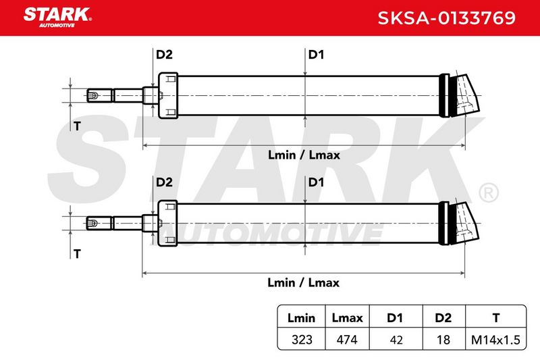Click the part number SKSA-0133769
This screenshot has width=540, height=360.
[446, 18]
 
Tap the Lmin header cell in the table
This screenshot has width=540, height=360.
[301, 317]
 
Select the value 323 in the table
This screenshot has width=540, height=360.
[302, 340]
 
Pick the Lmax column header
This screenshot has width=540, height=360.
[347, 317]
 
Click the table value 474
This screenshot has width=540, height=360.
[347, 340]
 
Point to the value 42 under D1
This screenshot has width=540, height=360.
[396, 340]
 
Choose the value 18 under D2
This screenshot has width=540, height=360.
[443, 340]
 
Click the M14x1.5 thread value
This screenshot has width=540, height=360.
[495, 340]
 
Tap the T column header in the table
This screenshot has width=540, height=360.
[496, 317]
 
